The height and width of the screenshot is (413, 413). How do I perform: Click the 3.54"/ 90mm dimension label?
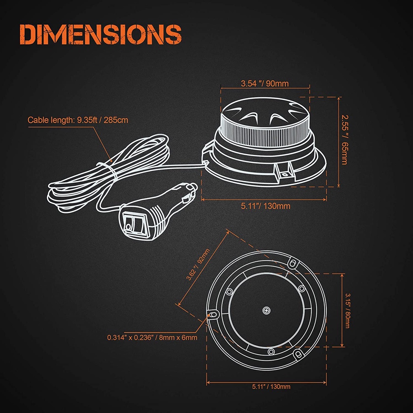coord(265,84)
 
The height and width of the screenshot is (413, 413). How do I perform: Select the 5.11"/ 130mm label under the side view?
coord(265,206)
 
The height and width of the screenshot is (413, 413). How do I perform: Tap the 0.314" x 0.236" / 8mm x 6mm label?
coord(152,337)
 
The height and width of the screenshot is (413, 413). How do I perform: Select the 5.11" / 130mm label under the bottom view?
coord(266,387)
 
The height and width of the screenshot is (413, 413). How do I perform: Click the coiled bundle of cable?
coord(105,173)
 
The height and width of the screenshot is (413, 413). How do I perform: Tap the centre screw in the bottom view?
coord(266,310)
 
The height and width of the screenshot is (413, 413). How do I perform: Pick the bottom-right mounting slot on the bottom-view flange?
coord(298,355)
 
